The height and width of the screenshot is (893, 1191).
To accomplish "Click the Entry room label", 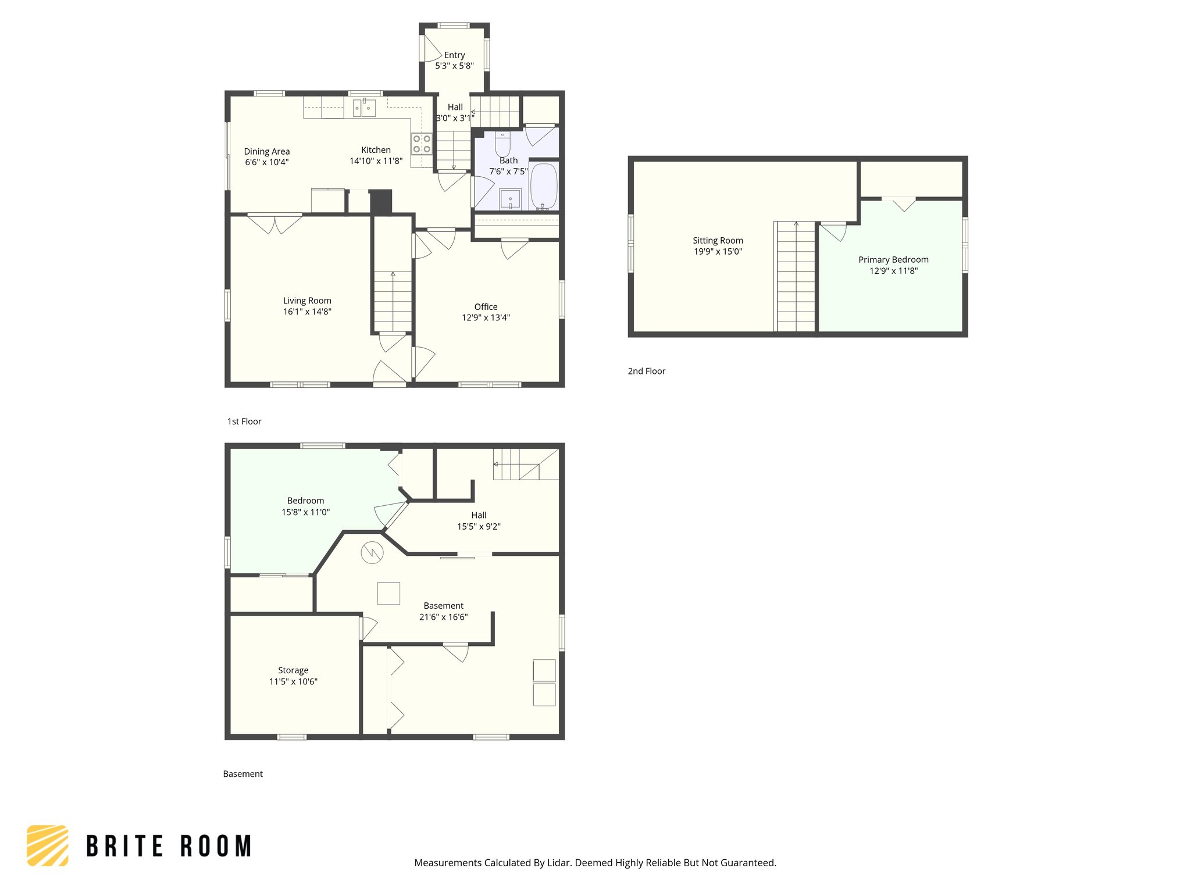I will (x=454, y=55).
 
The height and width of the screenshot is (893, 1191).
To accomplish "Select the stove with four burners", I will (x=422, y=144).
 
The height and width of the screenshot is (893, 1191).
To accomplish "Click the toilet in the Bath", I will (x=502, y=144).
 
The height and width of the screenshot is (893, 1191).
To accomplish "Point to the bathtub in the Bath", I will (x=544, y=186).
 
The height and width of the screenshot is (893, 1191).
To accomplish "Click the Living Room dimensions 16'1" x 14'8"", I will (x=307, y=312).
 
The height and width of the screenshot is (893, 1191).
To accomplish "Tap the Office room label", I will (x=486, y=307).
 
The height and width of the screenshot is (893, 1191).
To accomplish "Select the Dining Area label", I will (x=266, y=152).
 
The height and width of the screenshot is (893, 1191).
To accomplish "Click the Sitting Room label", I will (x=718, y=241).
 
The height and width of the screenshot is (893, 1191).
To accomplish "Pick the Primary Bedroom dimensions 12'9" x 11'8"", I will (x=893, y=271).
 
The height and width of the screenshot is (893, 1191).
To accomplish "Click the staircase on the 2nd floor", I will (x=796, y=276).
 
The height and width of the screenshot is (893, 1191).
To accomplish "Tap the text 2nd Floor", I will (x=646, y=372).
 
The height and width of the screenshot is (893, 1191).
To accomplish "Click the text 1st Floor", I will (x=244, y=422).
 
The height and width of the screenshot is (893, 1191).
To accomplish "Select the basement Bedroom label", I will (x=305, y=501).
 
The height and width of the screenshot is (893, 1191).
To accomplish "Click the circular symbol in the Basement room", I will (x=372, y=552).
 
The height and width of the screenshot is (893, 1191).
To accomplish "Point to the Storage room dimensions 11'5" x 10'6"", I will (x=293, y=681).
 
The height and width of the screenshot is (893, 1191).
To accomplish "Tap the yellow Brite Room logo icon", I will (x=48, y=846).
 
